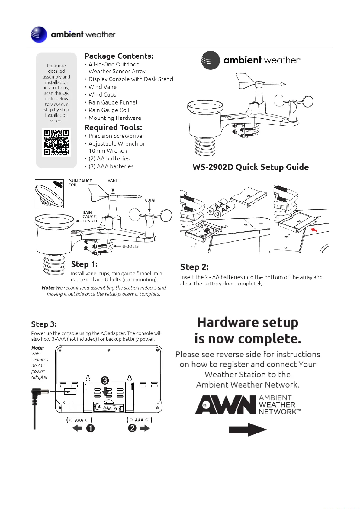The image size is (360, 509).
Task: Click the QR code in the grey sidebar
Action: coord(56,142)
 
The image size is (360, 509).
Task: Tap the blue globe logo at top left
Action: coord(39,35)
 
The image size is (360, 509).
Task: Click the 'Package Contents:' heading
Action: coord(119,56)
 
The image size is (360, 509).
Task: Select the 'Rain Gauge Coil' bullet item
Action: coord(109,110)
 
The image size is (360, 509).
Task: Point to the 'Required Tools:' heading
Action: coord(113,127)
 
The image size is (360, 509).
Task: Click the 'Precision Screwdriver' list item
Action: coord(116,136)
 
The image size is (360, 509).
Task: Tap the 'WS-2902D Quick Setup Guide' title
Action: coord(251,167)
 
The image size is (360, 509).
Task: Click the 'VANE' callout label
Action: coord(113,181)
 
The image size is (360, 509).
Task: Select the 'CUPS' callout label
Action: coord(150,200)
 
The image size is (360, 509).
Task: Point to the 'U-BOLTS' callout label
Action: coord(130,246)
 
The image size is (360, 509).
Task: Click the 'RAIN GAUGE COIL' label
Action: coord(80,183)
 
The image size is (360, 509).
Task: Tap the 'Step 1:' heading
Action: coord(84,264)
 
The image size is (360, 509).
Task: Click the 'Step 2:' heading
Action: coord(194,267)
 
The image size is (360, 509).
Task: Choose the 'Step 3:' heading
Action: coord(44,324)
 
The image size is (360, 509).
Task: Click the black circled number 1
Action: coord(91,428)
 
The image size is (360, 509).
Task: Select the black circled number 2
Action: coord(132,428)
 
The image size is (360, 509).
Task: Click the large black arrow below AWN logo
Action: coord(247,430)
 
